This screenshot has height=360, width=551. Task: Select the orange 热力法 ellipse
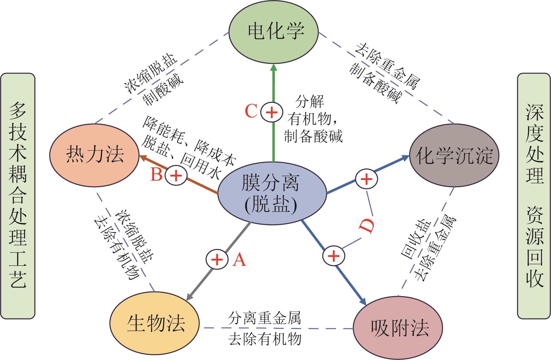coord(94,155)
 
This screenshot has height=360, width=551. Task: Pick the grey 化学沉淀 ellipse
coord(454,156)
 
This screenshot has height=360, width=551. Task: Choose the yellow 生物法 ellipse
coord(155,324)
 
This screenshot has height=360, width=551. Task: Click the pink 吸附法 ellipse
coord(398,328)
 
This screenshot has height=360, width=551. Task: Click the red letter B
coord(156,175)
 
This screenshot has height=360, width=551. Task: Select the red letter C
coord(251,112)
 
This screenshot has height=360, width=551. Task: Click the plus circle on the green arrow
coord(271,113)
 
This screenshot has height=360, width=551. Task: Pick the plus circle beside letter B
coord(176,175)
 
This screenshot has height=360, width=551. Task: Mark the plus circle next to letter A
coord(217,259)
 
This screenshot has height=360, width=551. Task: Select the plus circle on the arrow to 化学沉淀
coord(366,179)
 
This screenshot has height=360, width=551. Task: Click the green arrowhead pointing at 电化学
coord(274,68)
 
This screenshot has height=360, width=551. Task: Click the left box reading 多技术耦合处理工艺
coord(18,196)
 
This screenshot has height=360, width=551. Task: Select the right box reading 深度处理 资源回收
coord(534,196)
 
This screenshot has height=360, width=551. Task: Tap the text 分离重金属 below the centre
coord(264,318)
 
